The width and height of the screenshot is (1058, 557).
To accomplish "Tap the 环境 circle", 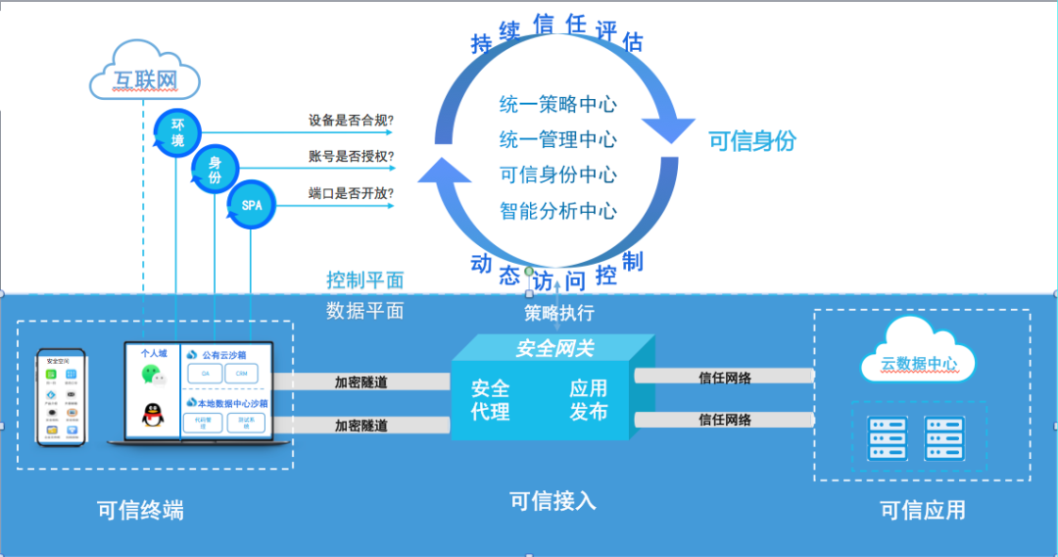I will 177,132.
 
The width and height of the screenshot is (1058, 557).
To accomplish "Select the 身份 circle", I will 215,169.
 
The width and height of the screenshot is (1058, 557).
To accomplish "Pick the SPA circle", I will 252,206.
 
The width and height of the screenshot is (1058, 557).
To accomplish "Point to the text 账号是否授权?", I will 352,157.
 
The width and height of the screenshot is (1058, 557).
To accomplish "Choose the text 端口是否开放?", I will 352,193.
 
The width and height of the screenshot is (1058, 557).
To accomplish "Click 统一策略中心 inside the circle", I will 557,105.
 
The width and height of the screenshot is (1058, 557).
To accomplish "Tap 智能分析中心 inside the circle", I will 557,210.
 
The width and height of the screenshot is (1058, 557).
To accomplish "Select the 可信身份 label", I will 752,141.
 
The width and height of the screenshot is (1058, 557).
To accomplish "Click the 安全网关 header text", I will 554,348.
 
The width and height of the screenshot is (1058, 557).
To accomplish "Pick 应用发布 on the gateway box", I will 588,400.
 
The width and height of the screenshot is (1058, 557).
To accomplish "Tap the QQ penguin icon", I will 151,416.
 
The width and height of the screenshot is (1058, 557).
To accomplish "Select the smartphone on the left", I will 61,397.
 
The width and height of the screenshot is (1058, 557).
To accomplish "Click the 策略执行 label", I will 558,314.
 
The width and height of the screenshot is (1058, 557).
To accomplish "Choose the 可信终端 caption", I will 140,510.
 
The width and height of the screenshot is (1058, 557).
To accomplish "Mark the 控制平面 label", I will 364,280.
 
